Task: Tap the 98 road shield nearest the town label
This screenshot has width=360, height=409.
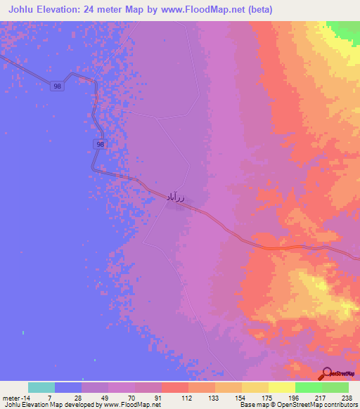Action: pyautogui.click(x=101, y=144)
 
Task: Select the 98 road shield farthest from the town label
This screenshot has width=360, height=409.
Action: pyautogui.click(x=57, y=86)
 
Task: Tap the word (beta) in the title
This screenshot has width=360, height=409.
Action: pyautogui.click(x=257, y=10)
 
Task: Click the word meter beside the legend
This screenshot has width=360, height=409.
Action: pyautogui.click(x=8, y=397)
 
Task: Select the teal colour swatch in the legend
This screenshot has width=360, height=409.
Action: pyautogui.click(x=41, y=387)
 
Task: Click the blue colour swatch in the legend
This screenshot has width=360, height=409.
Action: pyautogui.click(x=68, y=387)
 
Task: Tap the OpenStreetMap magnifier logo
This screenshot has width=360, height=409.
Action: pyautogui.click(x=327, y=372)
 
